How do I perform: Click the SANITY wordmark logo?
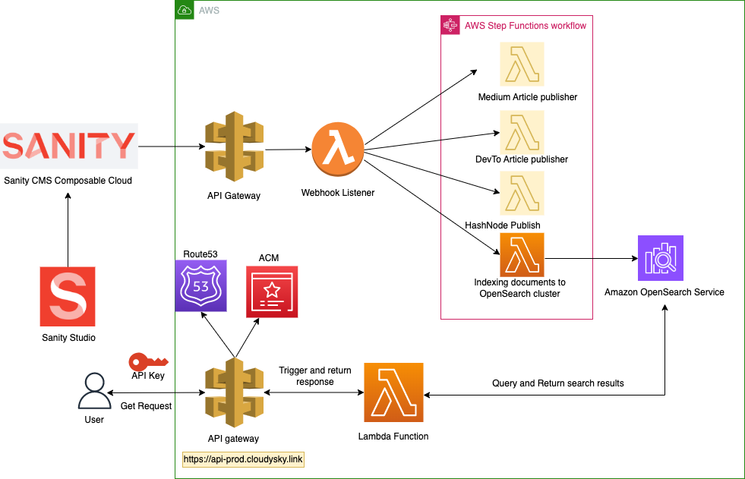point(69,146)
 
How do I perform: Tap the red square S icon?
point(68,296)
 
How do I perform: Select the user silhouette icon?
point(94,391)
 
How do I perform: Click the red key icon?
point(147,362)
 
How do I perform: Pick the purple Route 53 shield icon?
point(201,285)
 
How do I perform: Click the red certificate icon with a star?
point(272,291)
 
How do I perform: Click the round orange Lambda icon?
point(338,149)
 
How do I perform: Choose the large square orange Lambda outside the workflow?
point(393,392)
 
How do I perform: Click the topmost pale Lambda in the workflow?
point(522,65)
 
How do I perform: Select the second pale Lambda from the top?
point(522,133)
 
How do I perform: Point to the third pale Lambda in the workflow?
point(522,193)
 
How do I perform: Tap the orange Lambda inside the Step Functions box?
point(522,254)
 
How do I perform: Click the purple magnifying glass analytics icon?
point(660,258)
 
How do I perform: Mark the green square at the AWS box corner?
point(185,10)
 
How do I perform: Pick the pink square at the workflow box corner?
point(450,25)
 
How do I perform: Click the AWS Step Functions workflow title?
point(525,26)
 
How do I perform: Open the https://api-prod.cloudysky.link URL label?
point(243,459)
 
